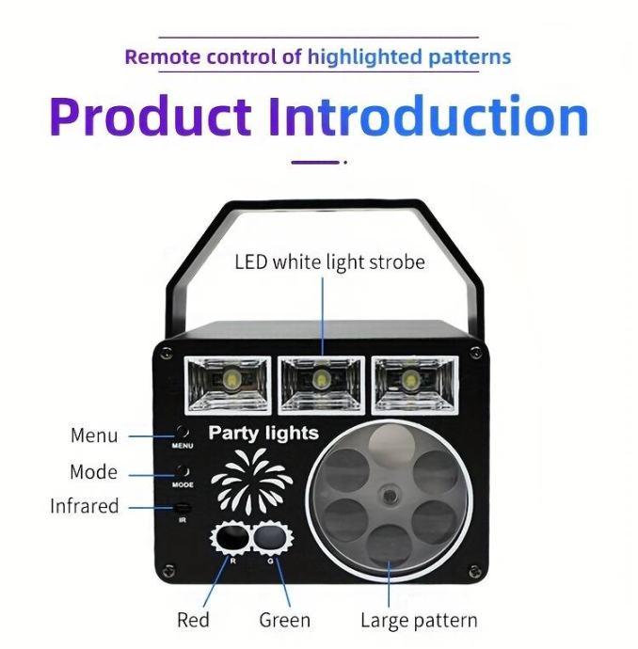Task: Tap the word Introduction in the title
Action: click(x=428, y=116)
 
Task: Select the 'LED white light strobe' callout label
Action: click(x=329, y=262)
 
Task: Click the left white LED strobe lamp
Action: click(x=228, y=385)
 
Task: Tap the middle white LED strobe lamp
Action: click(x=321, y=385)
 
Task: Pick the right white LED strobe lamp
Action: click(x=415, y=385)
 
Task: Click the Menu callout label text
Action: click(x=94, y=435)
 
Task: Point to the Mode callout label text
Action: click(x=93, y=472)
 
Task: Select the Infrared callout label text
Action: click(x=85, y=506)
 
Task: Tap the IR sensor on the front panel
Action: click(x=183, y=507)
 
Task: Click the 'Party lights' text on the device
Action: click(x=263, y=434)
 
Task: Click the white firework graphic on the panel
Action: click(x=252, y=480)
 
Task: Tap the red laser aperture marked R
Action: click(x=231, y=538)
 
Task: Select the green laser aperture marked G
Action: click(x=271, y=538)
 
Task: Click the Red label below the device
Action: click(x=193, y=620)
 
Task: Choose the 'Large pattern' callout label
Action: click(x=419, y=621)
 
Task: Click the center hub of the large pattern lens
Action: click(x=390, y=496)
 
